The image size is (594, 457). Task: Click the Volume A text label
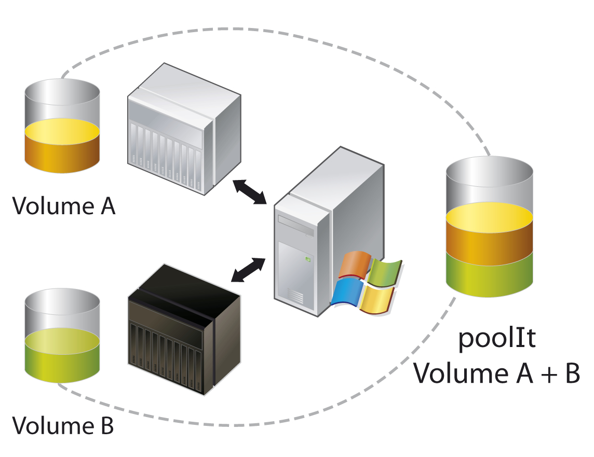pos(63,205)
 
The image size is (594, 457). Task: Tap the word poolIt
pos(496,340)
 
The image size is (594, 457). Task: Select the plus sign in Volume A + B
pos(542,374)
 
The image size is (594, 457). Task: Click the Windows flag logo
pos(367,283)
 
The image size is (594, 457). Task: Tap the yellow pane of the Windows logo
pos(376,300)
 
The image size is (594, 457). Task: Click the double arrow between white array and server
pos(250,192)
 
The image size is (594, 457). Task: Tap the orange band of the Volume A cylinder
pos(62,153)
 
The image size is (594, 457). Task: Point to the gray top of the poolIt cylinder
pos(490,182)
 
